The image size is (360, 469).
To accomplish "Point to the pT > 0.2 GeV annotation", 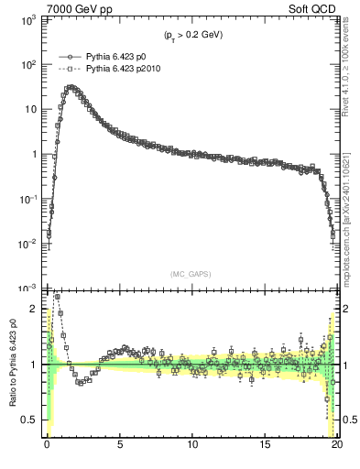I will click(193, 35).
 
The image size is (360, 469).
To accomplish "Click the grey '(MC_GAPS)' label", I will click(192, 273).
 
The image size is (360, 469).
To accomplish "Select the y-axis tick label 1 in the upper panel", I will click(34, 154).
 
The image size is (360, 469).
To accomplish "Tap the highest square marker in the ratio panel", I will click(57, 297).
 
